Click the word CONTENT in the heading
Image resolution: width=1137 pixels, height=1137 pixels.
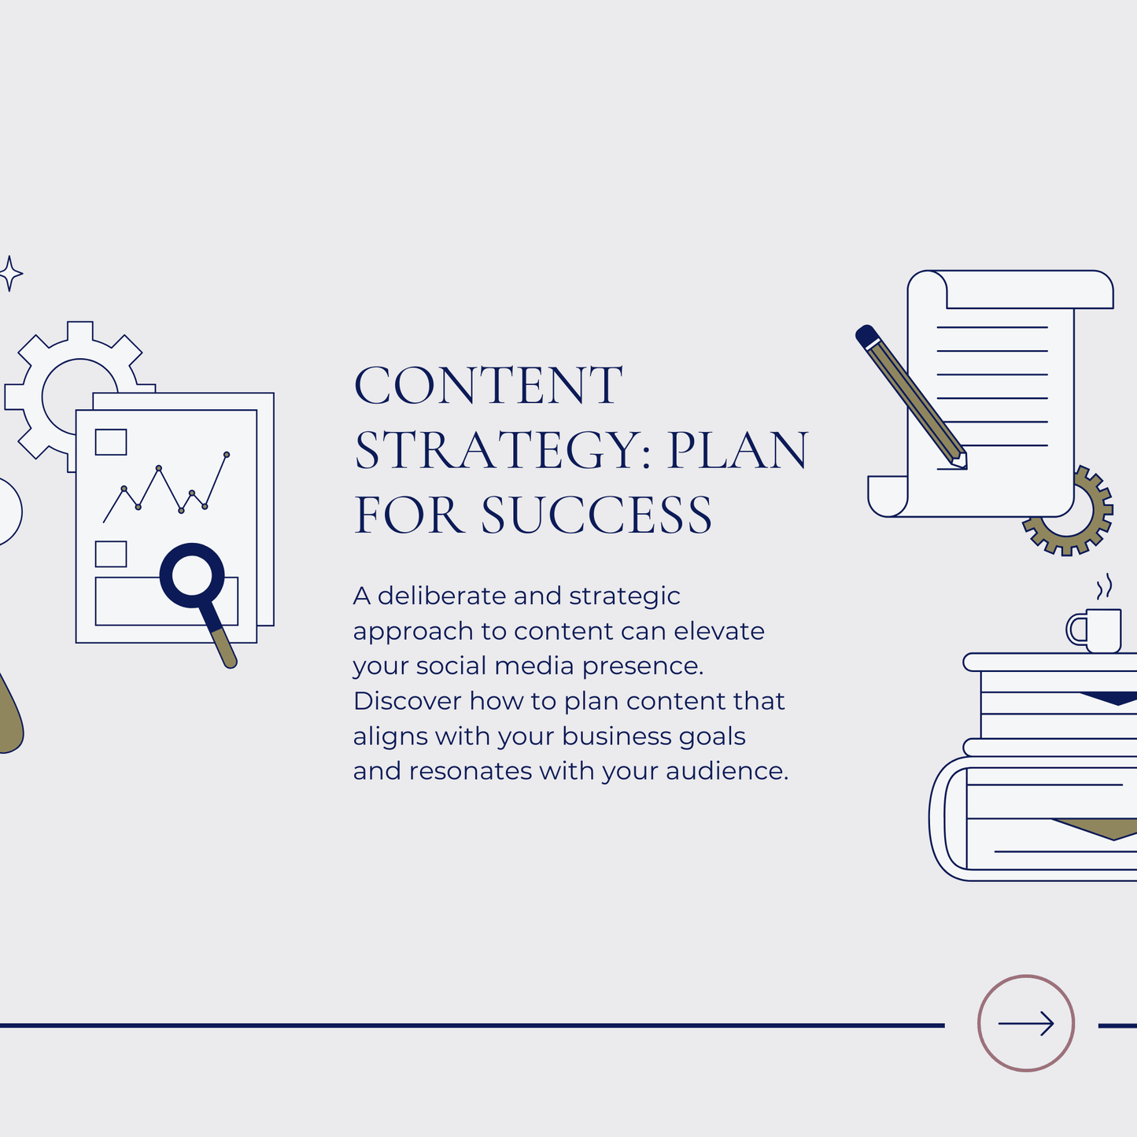(x=488, y=386)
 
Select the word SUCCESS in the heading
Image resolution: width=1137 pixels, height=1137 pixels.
(x=596, y=515)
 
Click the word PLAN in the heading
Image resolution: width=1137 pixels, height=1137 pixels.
(x=737, y=450)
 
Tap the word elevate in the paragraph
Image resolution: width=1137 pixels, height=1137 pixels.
(x=718, y=631)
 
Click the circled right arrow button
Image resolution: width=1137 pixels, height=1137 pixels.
(x=1026, y=1023)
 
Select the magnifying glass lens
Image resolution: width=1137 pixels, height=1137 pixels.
(x=192, y=575)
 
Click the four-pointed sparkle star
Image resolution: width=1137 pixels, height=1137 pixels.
(x=10, y=274)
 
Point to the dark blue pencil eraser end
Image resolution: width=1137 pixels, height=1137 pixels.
(x=866, y=336)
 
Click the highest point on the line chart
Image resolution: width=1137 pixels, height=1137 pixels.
(x=227, y=454)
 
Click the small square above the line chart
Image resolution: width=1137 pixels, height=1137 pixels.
(x=111, y=442)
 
